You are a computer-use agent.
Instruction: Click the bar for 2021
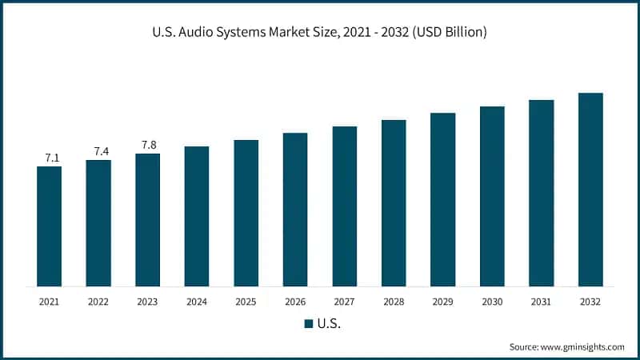(x=49, y=226)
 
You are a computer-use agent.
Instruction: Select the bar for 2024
(x=197, y=216)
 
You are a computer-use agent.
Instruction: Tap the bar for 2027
(x=345, y=206)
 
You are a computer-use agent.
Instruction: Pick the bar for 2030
(x=492, y=196)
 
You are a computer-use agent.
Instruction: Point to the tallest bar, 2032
(x=590, y=190)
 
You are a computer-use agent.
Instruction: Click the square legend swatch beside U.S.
(x=308, y=324)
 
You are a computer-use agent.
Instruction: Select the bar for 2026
(x=295, y=210)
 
